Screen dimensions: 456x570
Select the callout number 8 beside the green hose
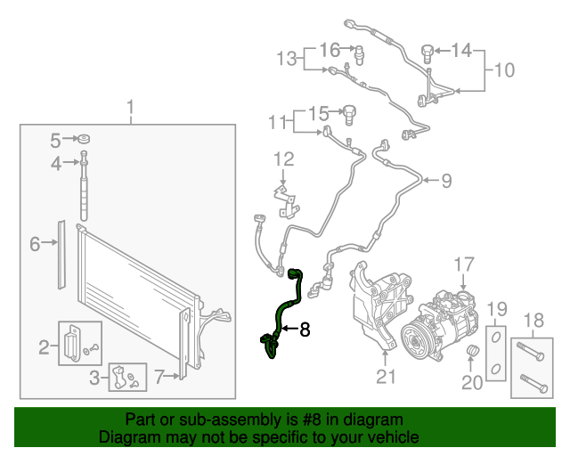(305, 330)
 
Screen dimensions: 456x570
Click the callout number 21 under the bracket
(385, 377)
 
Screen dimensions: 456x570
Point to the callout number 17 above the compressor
(464, 265)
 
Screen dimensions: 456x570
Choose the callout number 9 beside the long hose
(445, 181)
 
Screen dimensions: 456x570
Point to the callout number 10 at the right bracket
(504, 69)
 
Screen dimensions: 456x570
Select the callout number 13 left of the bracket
(285, 60)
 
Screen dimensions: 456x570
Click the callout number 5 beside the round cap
(55, 140)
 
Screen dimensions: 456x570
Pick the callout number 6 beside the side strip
(36, 243)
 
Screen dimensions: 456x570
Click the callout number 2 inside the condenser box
(43, 346)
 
